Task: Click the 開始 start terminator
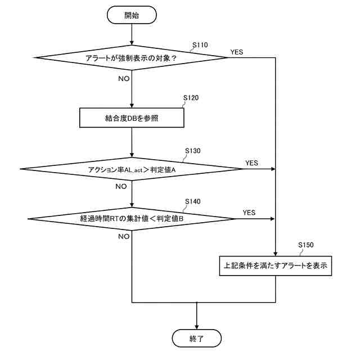pyautogui.click(x=131, y=16)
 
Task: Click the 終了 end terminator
pyautogui.click(x=197, y=338)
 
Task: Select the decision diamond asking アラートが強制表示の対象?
pyautogui.click(x=131, y=57)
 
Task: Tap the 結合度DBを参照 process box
pyautogui.click(x=131, y=118)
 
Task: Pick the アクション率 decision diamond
pyautogui.click(x=131, y=169)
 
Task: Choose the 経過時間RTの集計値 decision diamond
pyautogui.click(x=131, y=218)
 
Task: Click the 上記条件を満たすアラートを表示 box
pyautogui.click(x=275, y=265)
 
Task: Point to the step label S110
pyautogui.click(x=200, y=44)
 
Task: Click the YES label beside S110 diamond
pyautogui.click(x=236, y=52)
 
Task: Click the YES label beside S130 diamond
pyautogui.click(x=251, y=163)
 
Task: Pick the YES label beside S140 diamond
pyautogui.click(x=249, y=213)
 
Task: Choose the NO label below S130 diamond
pyautogui.click(x=121, y=186)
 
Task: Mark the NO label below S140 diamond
pyautogui.click(x=124, y=236)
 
